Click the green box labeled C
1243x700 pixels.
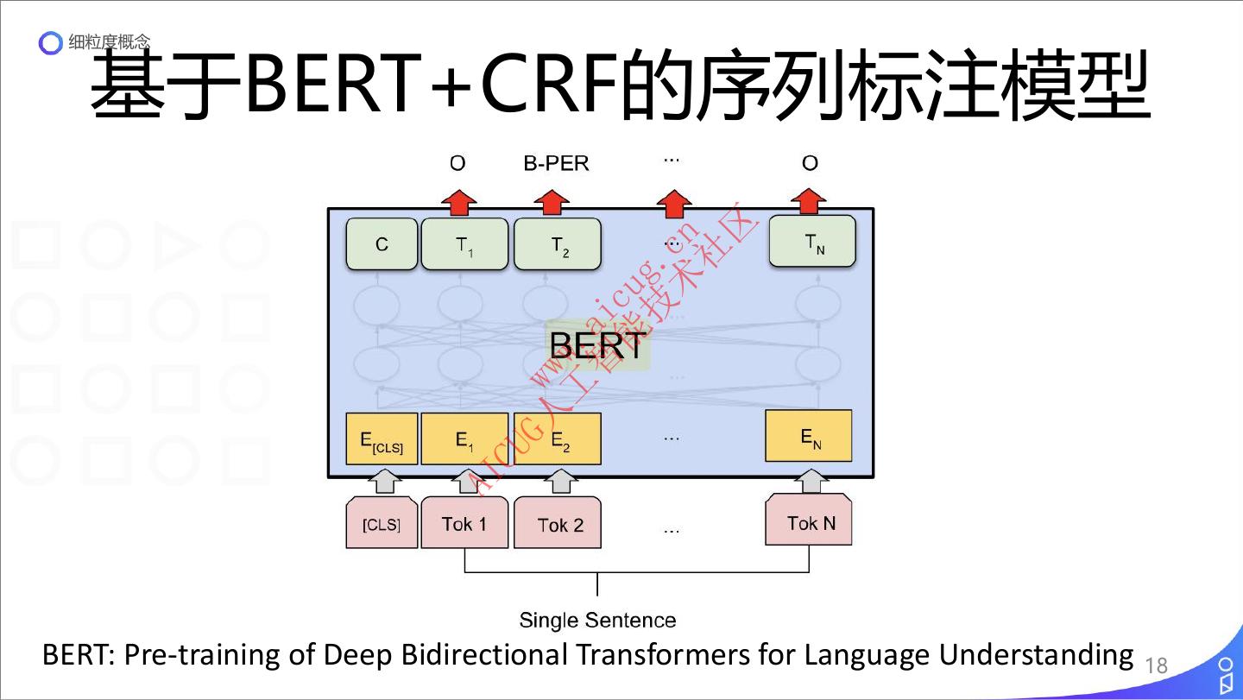(x=382, y=244)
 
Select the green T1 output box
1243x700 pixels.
(x=464, y=244)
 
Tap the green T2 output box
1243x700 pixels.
(x=558, y=245)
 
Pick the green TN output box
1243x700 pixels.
(x=811, y=241)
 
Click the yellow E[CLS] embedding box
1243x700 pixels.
(x=382, y=439)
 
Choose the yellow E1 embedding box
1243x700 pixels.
(x=464, y=439)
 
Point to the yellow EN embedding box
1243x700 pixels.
(x=809, y=436)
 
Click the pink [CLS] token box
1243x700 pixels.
(x=381, y=523)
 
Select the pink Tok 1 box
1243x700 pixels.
(x=464, y=523)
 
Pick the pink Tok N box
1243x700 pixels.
(x=809, y=520)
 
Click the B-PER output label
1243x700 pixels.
(x=556, y=163)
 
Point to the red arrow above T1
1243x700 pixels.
(x=458, y=204)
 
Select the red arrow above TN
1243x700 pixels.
(x=809, y=201)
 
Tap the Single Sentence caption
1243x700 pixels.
(x=597, y=620)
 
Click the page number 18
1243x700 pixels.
(x=1156, y=665)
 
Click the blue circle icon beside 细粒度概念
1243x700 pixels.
(x=53, y=42)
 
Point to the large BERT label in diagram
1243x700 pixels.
(x=596, y=345)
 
